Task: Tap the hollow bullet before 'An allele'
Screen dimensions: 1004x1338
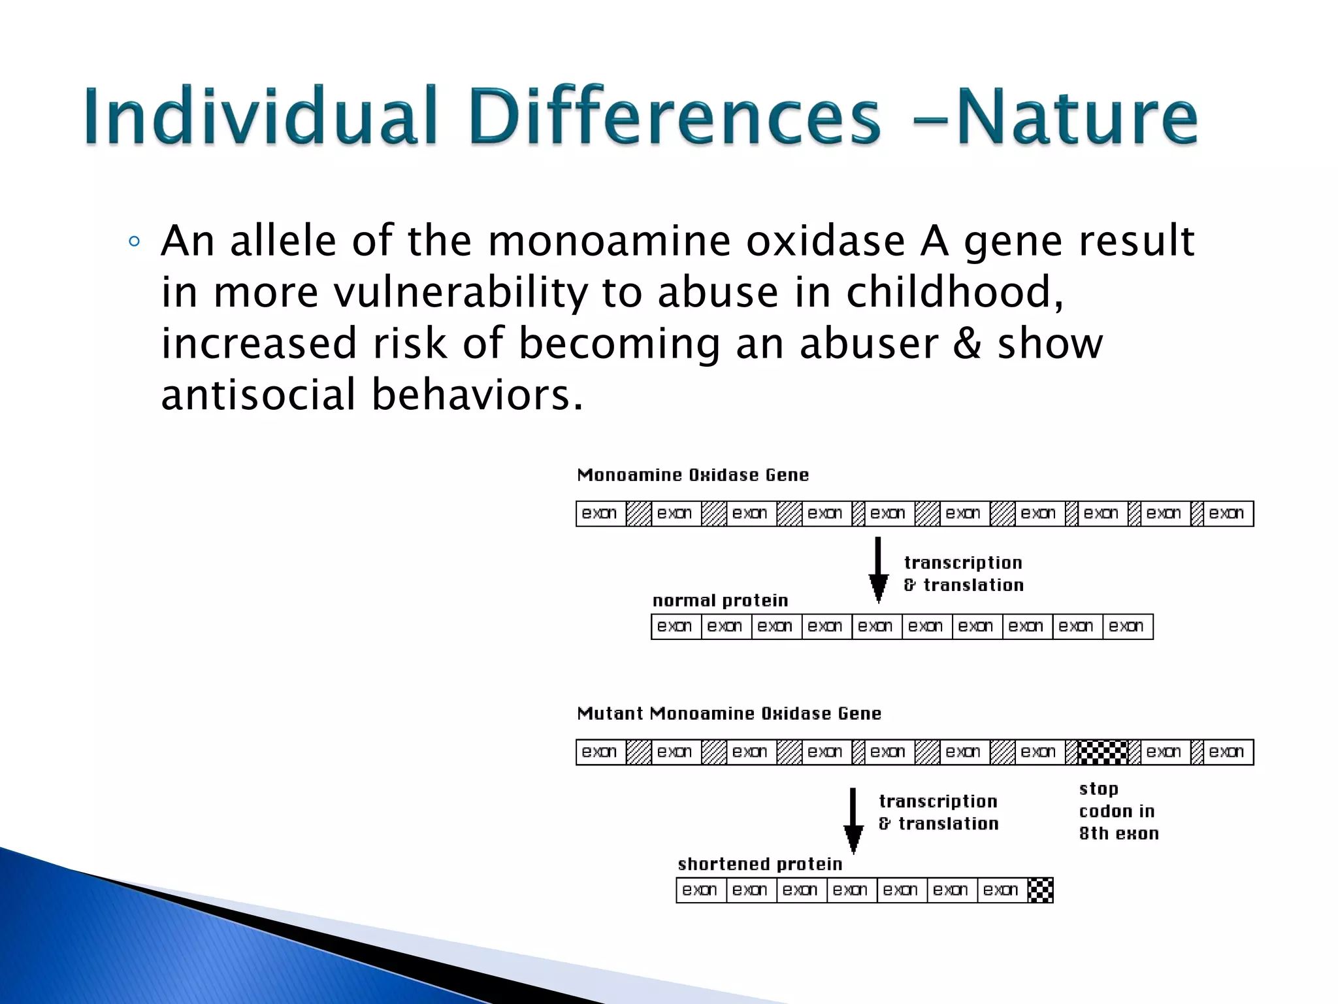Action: pyautogui.click(x=134, y=242)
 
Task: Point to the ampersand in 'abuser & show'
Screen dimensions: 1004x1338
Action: pyautogui.click(x=967, y=344)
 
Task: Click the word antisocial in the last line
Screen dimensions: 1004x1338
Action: pyautogui.click(x=258, y=395)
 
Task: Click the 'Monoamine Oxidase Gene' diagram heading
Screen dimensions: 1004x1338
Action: pyautogui.click(x=693, y=475)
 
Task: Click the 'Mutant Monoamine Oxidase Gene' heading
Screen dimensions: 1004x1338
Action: pyautogui.click(x=729, y=714)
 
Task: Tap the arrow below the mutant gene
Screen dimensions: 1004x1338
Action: pyautogui.click(x=853, y=821)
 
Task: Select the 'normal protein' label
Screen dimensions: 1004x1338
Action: pyautogui.click(x=720, y=601)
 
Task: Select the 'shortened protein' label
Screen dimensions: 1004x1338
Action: pyautogui.click(x=760, y=864)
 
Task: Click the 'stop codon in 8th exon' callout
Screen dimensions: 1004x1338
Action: pyautogui.click(x=1118, y=811)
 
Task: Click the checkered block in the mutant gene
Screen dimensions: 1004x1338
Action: pyautogui.click(x=1102, y=752)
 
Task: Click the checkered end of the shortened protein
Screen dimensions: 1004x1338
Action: pyautogui.click(x=1040, y=890)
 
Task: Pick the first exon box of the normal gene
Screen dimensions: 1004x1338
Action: pyautogui.click(x=600, y=514)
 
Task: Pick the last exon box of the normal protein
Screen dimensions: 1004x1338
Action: pyautogui.click(x=1127, y=627)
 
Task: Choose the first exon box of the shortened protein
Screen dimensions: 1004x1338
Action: pyautogui.click(x=700, y=890)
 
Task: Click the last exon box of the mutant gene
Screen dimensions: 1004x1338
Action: pyautogui.click(x=1227, y=752)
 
